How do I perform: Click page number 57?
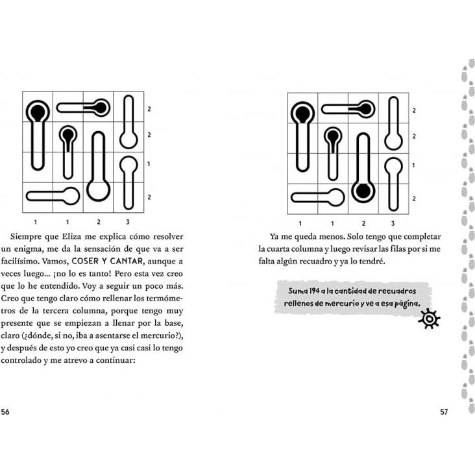(444, 411)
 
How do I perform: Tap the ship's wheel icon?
(430, 319)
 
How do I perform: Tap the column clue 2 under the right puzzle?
(363, 223)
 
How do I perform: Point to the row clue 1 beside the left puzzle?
(149, 165)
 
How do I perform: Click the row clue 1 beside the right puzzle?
(413, 165)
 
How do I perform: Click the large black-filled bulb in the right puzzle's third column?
(363, 191)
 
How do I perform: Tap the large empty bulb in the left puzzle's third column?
(99, 190)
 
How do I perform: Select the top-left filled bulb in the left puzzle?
(38, 111)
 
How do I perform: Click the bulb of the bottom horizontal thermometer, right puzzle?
(335, 197)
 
